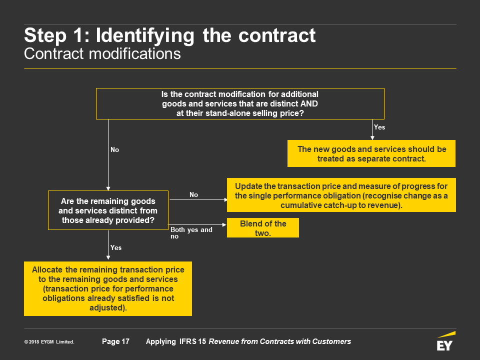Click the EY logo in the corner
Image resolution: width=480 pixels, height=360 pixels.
(445, 341)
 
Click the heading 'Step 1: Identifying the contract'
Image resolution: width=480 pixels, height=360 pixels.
(169, 35)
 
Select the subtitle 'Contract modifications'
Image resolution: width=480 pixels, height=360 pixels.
(102, 54)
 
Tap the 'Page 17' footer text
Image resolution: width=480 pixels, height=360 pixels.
(115, 341)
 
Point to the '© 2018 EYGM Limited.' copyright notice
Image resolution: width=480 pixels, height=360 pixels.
(49, 341)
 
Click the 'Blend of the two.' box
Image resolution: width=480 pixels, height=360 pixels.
(263, 228)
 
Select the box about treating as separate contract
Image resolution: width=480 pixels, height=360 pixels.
(371, 153)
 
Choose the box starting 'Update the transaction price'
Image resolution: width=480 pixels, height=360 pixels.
(341, 195)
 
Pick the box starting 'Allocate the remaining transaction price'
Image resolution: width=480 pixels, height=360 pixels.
(108, 288)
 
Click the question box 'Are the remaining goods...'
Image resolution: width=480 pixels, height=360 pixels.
(108, 210)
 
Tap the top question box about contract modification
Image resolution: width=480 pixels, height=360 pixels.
(240, 104)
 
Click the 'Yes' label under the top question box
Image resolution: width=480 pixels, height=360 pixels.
(379, 127)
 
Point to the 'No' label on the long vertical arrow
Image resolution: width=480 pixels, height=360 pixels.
(115, 149)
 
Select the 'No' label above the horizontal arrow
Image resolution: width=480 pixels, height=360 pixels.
(194, 194)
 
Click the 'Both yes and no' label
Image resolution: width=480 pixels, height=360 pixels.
(191, 232)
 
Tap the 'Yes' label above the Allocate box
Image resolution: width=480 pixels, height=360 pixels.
(116, 247)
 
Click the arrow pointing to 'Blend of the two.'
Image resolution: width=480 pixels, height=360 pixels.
(197, 224)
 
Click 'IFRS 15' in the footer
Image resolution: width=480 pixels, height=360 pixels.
(192, 341)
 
